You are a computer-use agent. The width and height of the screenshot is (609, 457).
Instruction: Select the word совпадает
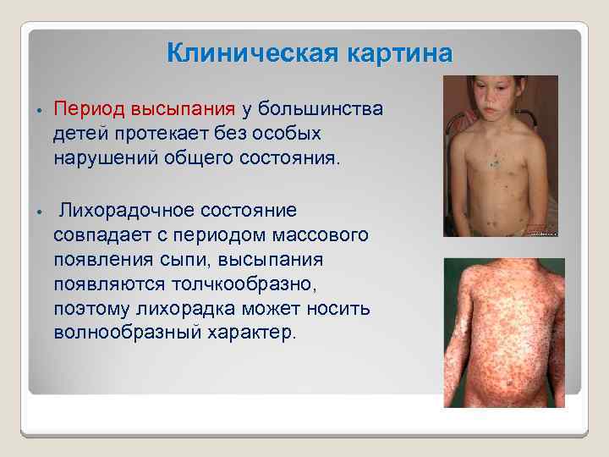point(94,234)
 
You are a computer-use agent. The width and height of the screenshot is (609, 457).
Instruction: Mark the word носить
point(339,308)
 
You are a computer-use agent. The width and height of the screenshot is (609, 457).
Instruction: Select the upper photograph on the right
point(501,157)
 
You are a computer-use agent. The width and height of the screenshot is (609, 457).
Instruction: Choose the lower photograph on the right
point(504,333)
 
